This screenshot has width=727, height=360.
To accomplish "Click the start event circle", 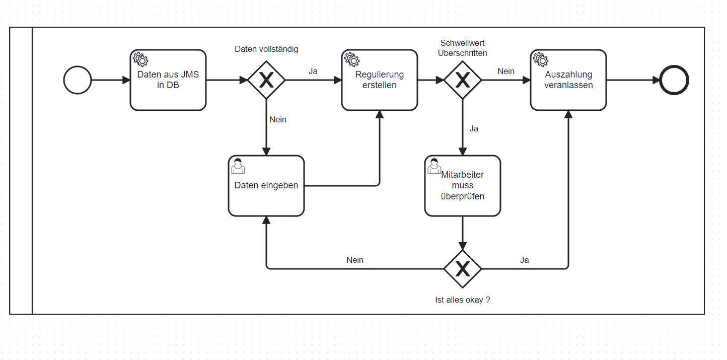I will [78, 80].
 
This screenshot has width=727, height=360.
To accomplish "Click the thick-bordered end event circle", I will [674, 80].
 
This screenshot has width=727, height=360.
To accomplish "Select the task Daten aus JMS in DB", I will [168, 80].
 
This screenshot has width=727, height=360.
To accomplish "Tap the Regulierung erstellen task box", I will [380, 80].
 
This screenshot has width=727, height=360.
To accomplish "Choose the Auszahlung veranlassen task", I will [568, 80].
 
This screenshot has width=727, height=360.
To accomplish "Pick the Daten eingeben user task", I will [266, 186].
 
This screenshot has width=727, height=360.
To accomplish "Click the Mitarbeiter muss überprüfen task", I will [463, 186].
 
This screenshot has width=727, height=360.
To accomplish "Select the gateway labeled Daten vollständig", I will [266, 80].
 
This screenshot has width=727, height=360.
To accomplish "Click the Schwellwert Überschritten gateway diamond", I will [463, 80].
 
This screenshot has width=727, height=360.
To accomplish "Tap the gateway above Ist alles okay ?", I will [463, 269].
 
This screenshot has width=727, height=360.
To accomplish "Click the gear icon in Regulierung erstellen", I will [351, 59].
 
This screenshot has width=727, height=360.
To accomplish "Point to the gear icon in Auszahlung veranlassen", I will [540, 59].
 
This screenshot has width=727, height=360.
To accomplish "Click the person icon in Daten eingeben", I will [238, 166].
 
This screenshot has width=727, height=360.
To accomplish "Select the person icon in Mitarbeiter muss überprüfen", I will [434, 165].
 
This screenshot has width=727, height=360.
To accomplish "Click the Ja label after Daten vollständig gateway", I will [313, 71].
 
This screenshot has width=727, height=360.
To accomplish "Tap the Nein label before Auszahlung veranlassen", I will [506, 71].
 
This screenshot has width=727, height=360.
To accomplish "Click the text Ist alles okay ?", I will [463, 300].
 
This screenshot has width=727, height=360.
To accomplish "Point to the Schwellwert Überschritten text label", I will [463, 48].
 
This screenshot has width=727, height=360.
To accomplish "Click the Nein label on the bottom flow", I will [355, 260].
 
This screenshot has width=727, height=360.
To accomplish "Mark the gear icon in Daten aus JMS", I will [140, 59].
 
